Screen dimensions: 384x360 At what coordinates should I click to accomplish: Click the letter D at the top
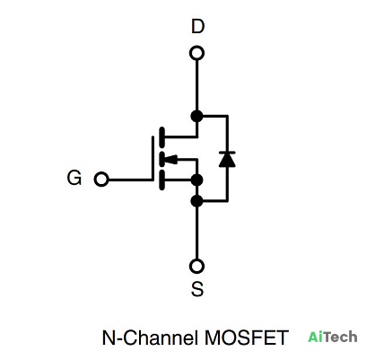(197, 26)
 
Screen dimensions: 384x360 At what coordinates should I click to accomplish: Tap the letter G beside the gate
(74, 178)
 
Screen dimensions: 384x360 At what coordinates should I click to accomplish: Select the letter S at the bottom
(197, 289)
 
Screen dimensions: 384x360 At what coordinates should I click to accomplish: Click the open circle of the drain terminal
(196, 54)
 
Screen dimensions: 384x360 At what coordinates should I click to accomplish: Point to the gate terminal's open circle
(101, 180)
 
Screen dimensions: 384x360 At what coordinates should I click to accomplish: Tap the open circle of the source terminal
(196, 266)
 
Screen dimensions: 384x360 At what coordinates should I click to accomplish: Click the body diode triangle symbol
(227, 159)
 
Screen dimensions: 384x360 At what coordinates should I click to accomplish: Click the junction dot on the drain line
(196, 116)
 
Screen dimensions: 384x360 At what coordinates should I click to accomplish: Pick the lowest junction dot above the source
(196, 200)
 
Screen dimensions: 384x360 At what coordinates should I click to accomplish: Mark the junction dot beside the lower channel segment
(196, 180)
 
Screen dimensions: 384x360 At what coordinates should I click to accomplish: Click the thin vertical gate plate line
(153, 159)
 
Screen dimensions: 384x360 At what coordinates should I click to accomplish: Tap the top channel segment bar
(161, 137)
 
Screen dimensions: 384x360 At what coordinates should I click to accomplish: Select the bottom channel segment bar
(161, 180)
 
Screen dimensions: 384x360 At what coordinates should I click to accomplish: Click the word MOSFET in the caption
(247, 338)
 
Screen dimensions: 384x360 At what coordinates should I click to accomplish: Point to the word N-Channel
(150, 338)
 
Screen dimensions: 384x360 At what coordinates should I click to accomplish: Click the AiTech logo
(333, 337)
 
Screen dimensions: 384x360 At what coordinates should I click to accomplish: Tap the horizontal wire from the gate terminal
(130, 180)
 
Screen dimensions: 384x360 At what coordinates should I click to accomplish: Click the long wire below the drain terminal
(196, 85)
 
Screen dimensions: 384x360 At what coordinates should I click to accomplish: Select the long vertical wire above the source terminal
(196, 233)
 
